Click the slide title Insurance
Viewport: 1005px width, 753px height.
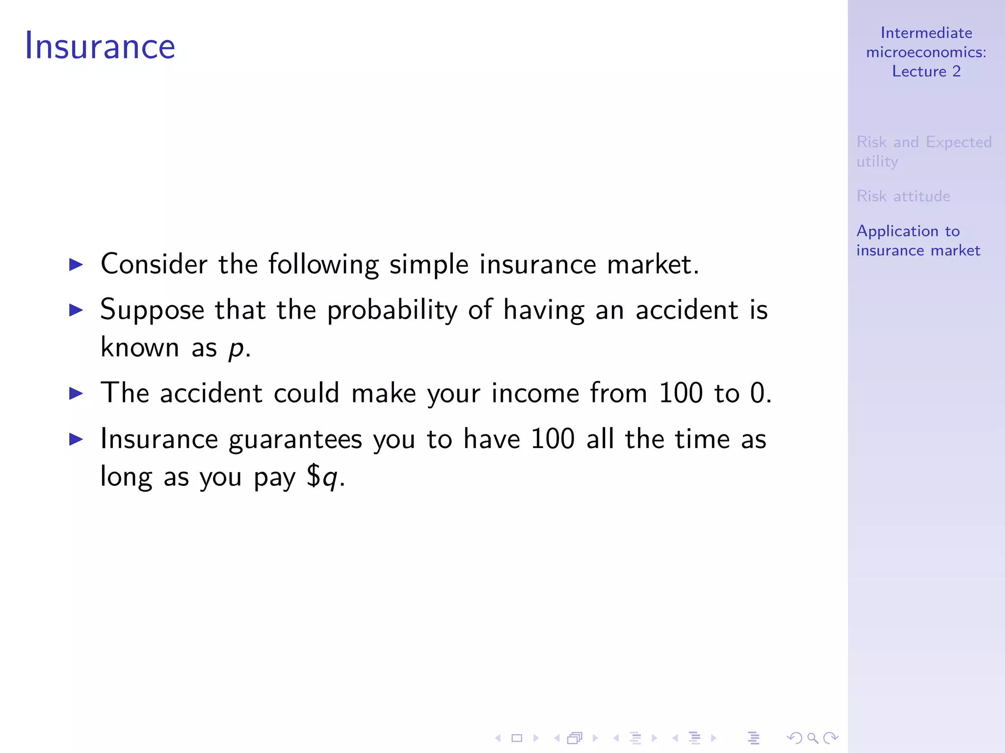click(100, 46)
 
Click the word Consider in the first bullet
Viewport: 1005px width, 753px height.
click(154, 264)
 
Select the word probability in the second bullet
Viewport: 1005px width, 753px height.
click(392, 310)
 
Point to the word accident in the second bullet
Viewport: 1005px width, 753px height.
click(687, 310)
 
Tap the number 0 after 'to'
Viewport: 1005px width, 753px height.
click(758, 393)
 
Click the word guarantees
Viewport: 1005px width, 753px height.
click(295, 439)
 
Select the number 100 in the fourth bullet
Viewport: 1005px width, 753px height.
click(553, 439)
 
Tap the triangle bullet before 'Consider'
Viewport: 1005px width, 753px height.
click(76, 265)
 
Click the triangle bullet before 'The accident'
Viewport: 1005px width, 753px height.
click(76, 394)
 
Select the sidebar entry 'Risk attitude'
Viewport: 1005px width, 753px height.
click(903, 196)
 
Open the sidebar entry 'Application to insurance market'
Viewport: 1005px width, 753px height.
click(918, 241)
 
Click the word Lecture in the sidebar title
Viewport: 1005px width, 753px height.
click(919, 72)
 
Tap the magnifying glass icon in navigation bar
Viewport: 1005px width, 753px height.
click(813, 738)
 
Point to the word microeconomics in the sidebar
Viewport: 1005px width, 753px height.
click(926, 52)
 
